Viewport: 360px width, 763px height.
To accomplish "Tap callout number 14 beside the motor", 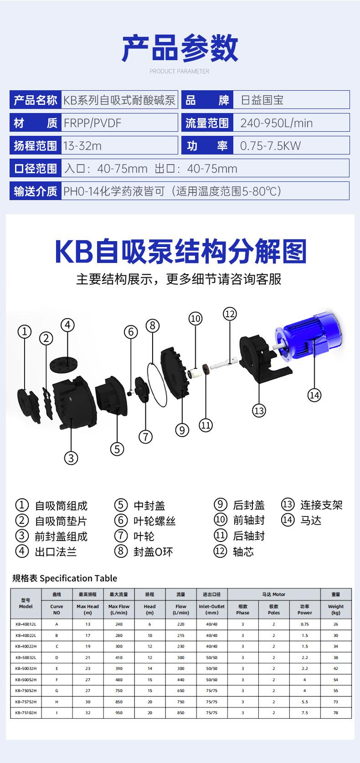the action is click(314, 395).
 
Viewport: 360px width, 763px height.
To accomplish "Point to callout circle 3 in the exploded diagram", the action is click(71, 457).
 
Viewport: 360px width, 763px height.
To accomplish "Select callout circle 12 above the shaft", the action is click(229, 314).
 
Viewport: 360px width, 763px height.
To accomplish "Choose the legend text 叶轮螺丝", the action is click(154, 521).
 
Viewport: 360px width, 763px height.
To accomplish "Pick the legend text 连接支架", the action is click(321, 505).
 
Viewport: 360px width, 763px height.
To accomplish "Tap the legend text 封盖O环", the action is click(153, 552).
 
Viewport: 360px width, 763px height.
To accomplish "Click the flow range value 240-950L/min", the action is click(276, 123).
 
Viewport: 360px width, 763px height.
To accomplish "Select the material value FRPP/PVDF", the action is click(93, 123).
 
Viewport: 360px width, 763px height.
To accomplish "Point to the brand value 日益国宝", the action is click(262, 100).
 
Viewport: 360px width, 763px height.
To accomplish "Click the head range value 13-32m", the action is click(82, 146).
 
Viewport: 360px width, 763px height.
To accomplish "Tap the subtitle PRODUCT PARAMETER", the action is click(180, 71).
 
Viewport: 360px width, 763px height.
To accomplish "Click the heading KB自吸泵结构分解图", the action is click(180, 252).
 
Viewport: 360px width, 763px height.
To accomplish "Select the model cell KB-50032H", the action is click(26, 668).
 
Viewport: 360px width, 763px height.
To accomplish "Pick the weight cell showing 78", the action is click(335, 713).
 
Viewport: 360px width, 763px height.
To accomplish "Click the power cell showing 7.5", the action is click(304, 713).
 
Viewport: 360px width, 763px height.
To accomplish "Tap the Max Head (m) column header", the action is click(87, 609).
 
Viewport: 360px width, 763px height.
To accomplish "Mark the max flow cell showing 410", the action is click(118, 657).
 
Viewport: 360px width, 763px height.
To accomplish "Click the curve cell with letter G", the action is click(57, 691).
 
